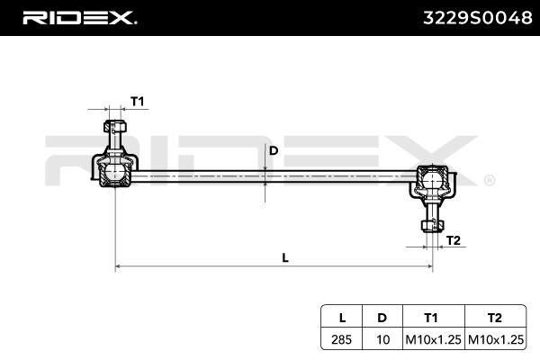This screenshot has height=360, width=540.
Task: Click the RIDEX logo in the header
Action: pyautogui.click(x=78, y=17)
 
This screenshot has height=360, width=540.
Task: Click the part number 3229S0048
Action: pyautogui.click(x=472, y=17)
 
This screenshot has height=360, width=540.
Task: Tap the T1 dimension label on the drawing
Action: pyautogui.click(x=138, y=101)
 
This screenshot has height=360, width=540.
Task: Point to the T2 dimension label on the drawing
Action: pyautogui.click(x=454, y=239)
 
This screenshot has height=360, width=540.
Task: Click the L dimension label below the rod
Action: pyautogui.click(x=285, y=257)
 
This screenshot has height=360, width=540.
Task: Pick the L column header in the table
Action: pyautogui.click(x=342, y=318)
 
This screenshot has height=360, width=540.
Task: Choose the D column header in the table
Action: pyautogui.click(x=382, y=318)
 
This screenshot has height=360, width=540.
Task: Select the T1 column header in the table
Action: pyautogui.click(x=431, y=318)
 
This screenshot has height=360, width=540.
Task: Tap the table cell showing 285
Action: pyautogui.click(x=342, y=339)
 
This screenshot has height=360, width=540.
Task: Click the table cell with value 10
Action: pyautogui.click(x=382, y=339)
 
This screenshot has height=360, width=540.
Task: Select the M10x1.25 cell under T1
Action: pyautogui.click(x=431, y=339)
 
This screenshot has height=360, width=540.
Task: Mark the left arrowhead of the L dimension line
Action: pyautogui.click(x=120, y=266)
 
